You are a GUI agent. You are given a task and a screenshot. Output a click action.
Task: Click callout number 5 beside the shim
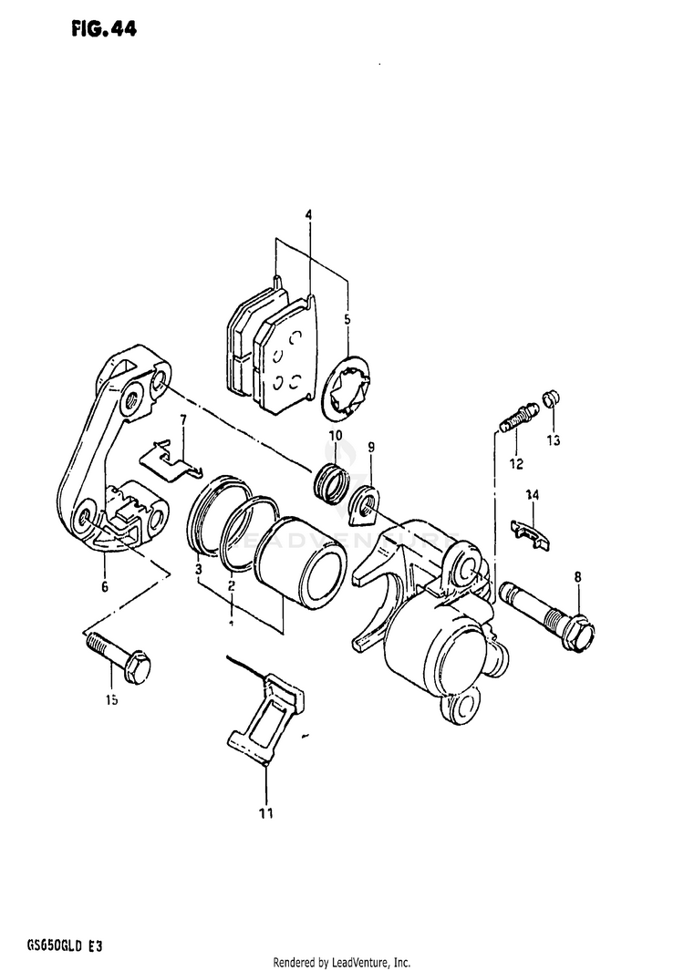347,319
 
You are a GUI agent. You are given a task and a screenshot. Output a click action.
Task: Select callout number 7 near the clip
182,420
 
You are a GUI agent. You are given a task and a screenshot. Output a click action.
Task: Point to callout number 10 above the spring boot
335,436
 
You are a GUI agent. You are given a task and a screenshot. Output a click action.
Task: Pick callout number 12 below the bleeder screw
516,463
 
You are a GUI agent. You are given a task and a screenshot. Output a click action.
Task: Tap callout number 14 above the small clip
532,495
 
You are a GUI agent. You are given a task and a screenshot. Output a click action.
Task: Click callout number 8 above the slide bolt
577,575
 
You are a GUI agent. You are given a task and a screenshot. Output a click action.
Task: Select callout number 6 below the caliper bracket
105,586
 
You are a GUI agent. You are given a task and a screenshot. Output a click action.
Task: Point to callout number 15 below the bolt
111,700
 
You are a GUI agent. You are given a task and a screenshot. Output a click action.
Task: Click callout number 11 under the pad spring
265,811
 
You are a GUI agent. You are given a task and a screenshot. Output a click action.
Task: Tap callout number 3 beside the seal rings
198,570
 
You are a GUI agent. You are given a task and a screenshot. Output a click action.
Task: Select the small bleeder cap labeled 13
550,398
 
